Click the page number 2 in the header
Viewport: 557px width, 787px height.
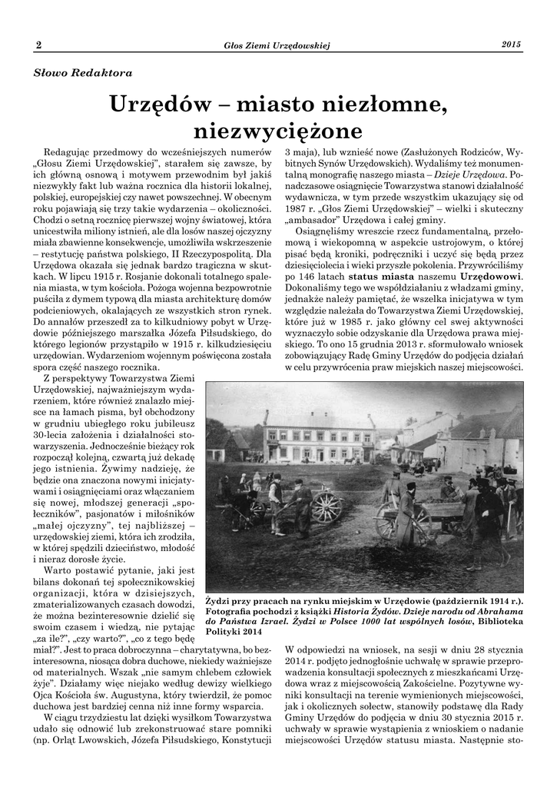[38, 45]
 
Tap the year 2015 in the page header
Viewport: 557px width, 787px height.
[512, 45]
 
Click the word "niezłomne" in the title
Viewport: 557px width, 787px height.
[379, 102]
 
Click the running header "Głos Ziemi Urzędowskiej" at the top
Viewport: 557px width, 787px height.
[276, 46]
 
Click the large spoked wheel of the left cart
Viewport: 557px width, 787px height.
[327, 506]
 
